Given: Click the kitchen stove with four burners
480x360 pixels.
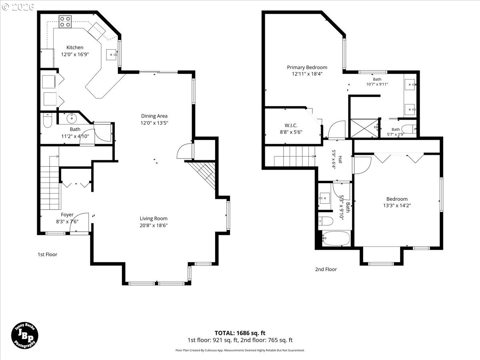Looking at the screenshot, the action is pos(65,22).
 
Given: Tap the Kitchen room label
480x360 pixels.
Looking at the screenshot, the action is pos(75,48).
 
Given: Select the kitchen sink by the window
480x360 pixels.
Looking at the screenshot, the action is pos(112,55).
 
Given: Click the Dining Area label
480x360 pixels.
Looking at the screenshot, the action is pos(154,116).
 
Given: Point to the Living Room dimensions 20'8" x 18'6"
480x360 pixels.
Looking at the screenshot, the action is pos(154,225).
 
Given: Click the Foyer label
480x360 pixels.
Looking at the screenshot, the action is pos(67,215).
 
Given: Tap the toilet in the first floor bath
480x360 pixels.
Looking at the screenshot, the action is pos(48,120).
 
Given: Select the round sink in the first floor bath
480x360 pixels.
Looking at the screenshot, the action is pos(72,118).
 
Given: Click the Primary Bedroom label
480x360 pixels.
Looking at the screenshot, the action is pos(307,67).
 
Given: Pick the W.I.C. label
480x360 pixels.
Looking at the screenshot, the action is pos(291,126).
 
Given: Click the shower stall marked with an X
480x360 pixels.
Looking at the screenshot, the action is pos(364,128).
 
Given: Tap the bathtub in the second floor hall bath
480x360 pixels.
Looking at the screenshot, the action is pos(336,238).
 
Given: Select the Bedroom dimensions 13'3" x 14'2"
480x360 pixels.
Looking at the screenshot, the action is pos(397,206).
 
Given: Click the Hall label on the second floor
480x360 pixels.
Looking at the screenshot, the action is pos(340,159).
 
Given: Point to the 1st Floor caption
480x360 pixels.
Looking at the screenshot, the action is pos(48,254).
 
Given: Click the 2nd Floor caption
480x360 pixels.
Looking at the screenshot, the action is pos(326,269).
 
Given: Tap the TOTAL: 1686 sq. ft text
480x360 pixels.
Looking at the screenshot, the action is pos(240,333).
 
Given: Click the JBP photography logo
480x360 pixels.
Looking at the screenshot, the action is pos(25,335).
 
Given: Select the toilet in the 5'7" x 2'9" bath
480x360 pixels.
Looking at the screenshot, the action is pos(409,129).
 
